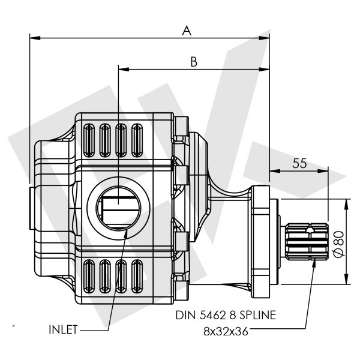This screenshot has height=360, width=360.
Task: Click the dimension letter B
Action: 194,61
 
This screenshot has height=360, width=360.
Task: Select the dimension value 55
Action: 300,163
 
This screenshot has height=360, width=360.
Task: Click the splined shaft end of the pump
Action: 307,241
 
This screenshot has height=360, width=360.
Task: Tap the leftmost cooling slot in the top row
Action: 91,140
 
